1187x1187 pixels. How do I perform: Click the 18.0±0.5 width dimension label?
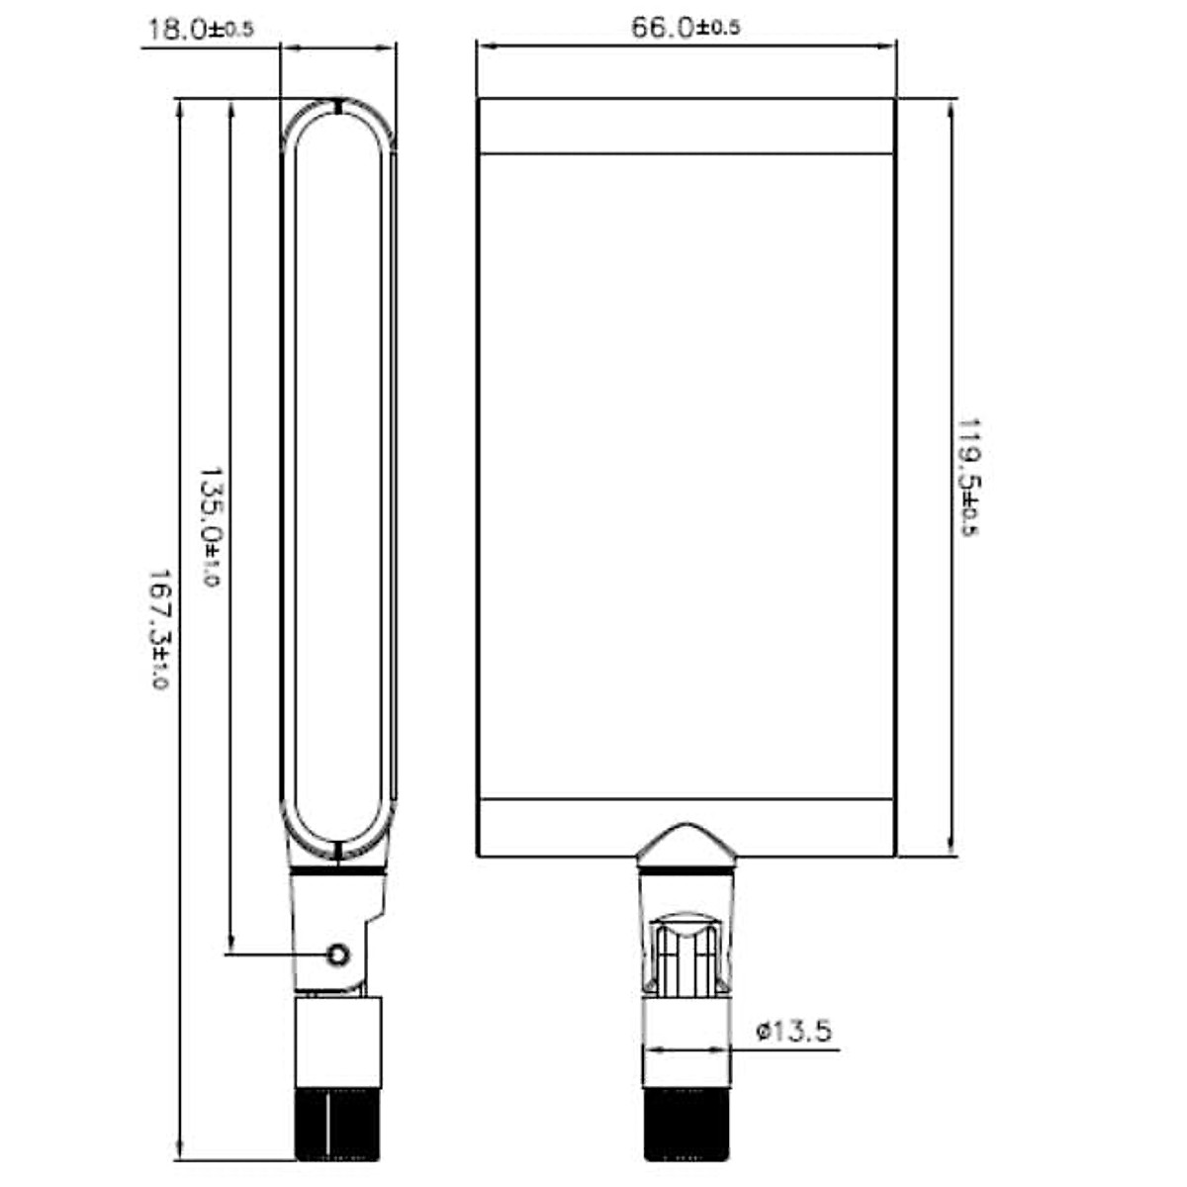coord(200,29)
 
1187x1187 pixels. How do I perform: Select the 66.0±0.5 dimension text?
coord(685,28)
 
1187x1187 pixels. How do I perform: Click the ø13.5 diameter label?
coord(793,1032)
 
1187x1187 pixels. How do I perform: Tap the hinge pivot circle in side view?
coord(338,955)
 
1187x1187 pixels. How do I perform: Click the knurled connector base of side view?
coord(338,1125)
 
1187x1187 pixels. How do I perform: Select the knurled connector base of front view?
coord(686,1125)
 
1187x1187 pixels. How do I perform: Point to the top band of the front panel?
coord(686,127)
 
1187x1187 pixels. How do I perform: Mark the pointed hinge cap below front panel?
coord(686,846)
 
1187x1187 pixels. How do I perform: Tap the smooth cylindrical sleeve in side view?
coord(338,1044)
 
